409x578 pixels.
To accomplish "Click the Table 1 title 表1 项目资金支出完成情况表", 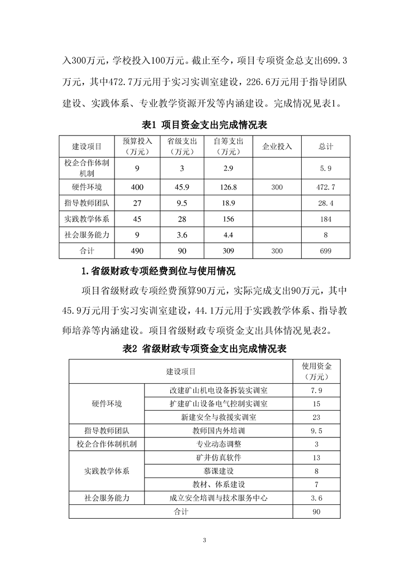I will (204, 125).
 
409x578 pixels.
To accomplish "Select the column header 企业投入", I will (277, 146).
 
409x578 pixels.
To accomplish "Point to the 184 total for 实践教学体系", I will (325, 219).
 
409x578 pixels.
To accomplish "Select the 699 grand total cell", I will (325, 251).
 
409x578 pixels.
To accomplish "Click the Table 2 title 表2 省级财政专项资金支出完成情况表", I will (204, 349).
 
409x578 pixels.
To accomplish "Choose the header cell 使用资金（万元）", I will (316, 371).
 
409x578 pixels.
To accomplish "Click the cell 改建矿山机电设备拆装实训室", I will (218, 390).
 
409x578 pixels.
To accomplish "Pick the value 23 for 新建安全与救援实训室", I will (316, 417).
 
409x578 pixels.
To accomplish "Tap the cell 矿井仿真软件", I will (218, 457).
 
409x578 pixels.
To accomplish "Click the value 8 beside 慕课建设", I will (316, 471).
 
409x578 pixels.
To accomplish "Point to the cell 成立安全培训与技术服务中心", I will (218, 498).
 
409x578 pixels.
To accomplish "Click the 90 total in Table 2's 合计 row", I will (316, 512).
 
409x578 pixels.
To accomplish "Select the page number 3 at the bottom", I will (205, 540).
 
